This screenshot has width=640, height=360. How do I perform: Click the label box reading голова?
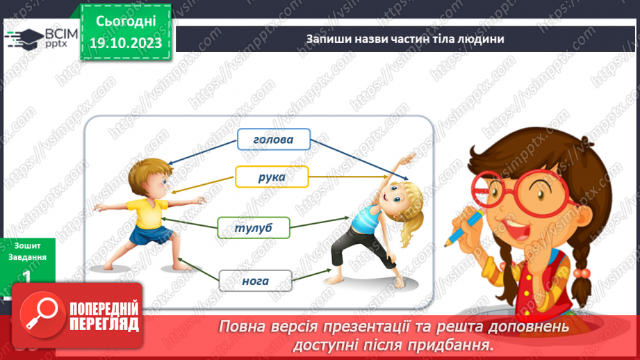point(273,140)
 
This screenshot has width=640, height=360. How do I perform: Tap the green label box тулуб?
point(253,227)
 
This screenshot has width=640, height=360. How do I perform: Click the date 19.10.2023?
point(126,43)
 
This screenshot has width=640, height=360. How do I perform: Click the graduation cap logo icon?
point(24,38)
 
